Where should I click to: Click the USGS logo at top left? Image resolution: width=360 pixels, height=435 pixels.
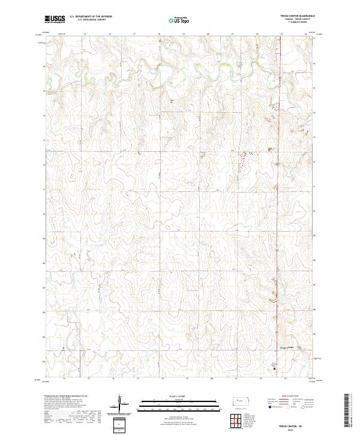click(55, 19)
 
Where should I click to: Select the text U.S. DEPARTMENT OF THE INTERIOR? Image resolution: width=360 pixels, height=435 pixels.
click(91, 17)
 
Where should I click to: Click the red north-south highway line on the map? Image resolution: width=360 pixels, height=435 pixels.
click(278, 240)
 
